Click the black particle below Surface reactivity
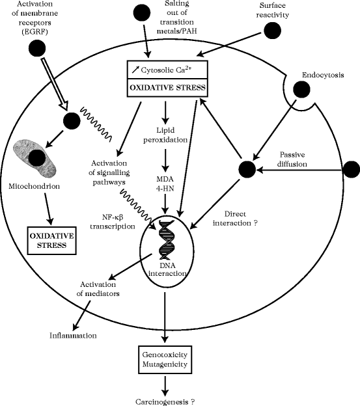(x=273, y=30)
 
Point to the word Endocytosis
(x=324, y=75)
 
